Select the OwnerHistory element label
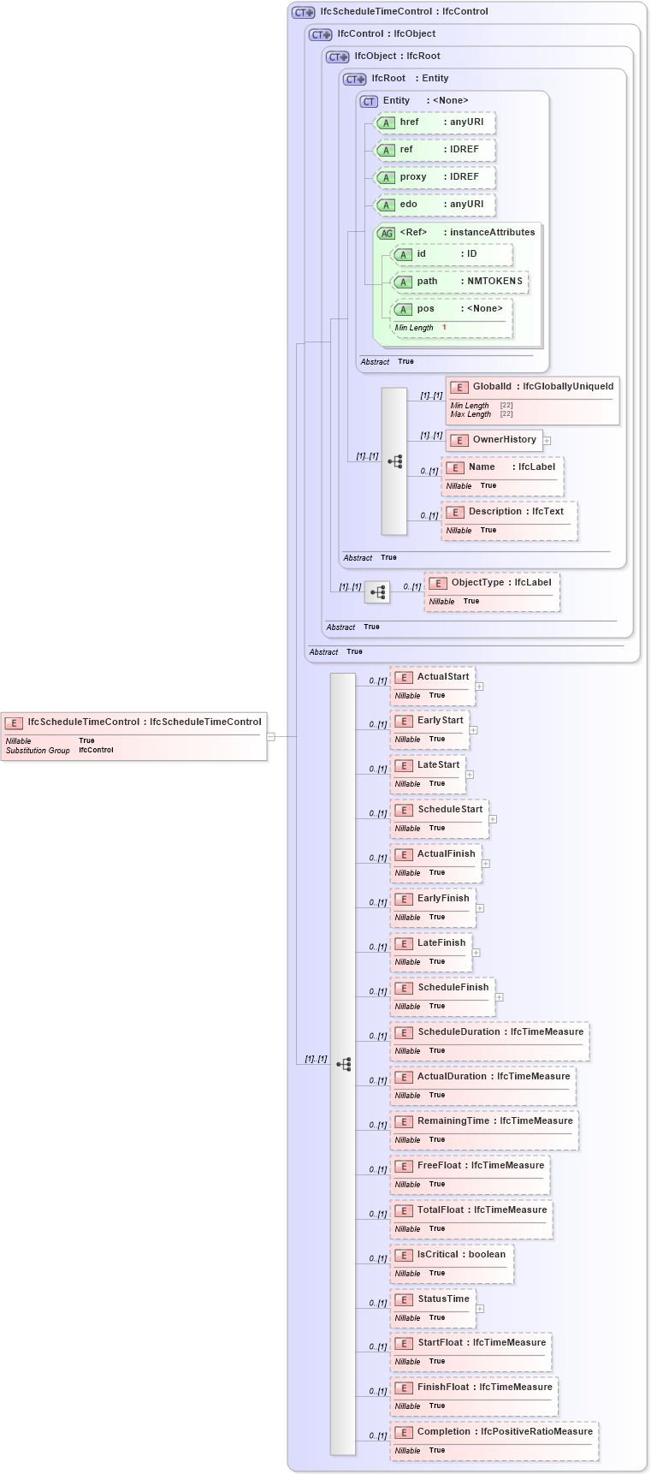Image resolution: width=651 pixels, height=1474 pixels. tap(504, 440)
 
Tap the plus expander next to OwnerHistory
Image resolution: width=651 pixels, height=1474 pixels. tap(547, 441)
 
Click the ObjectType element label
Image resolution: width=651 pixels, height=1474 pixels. tap(500, 583)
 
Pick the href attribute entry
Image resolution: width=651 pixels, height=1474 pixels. tap(435, 122)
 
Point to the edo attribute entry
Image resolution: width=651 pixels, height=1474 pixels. tap(435, 205)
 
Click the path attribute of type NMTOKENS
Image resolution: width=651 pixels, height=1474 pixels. tap(460, 282)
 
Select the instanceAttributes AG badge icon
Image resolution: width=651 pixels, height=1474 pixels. tap(387, 234)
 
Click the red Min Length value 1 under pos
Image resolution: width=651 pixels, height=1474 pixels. tap(444, 328)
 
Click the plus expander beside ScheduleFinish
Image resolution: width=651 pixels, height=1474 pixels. tap(499, 997)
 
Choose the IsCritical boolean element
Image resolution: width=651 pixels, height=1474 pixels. tap(452, 1255)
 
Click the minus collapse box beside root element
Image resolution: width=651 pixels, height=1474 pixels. tap(270, 736)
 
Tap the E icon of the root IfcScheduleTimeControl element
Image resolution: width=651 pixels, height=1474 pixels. tap(14, 723)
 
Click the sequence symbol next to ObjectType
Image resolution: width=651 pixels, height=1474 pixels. tap(377, 592)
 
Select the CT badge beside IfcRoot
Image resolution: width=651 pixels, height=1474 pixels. tap(354, 79)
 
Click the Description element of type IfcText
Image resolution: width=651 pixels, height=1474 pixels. tap(509, 512)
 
